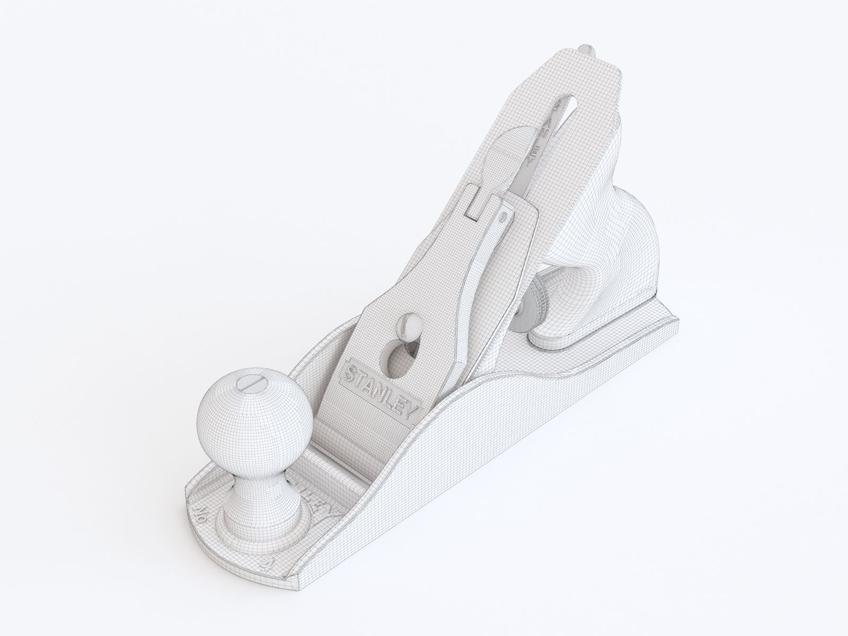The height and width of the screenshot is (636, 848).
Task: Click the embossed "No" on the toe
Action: tap(201, 514)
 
